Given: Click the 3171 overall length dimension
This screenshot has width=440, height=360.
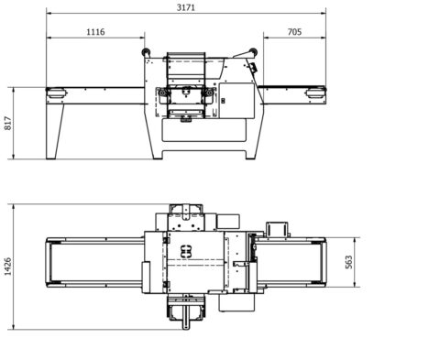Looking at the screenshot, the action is (x=186, y=7).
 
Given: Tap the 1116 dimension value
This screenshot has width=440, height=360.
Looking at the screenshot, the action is (x=95, y=32).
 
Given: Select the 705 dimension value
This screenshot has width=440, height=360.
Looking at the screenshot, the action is (x=294, y=32).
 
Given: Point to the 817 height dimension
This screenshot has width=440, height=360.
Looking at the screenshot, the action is (x=8, y=123).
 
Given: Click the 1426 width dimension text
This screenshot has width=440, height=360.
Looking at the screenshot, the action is (x=8, y=267).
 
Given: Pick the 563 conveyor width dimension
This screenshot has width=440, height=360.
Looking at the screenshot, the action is (x=348, y=262).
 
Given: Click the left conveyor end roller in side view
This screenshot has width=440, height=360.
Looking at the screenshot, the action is (x=56, y=93).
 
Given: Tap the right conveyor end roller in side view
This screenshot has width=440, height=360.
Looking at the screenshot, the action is (x=316, y=93).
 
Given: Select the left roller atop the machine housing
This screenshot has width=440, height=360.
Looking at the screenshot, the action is (x=146, y=52).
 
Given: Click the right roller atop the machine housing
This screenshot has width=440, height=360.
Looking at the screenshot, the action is (x=253, y=52).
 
